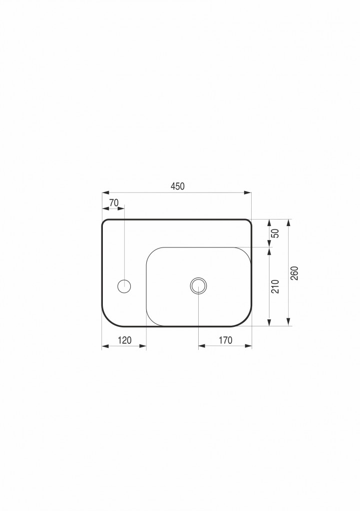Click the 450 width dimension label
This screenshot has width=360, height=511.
[x=177, y=186]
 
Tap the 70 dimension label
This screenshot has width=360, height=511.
[x=114, y=203]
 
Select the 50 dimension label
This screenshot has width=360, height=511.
[x=276, y=234]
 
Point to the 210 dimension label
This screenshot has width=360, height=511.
[x=276, y=286]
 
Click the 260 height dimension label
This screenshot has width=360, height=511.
[x=295, y=273]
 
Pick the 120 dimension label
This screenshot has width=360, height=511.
[x=124, y=340]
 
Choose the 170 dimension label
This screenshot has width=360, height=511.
[x=225, y=340]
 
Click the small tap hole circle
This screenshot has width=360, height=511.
[x=124, y=286]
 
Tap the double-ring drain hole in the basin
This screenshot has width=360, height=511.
[x=199, y=286]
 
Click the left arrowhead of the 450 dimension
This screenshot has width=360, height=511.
[x=105, y=193]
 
